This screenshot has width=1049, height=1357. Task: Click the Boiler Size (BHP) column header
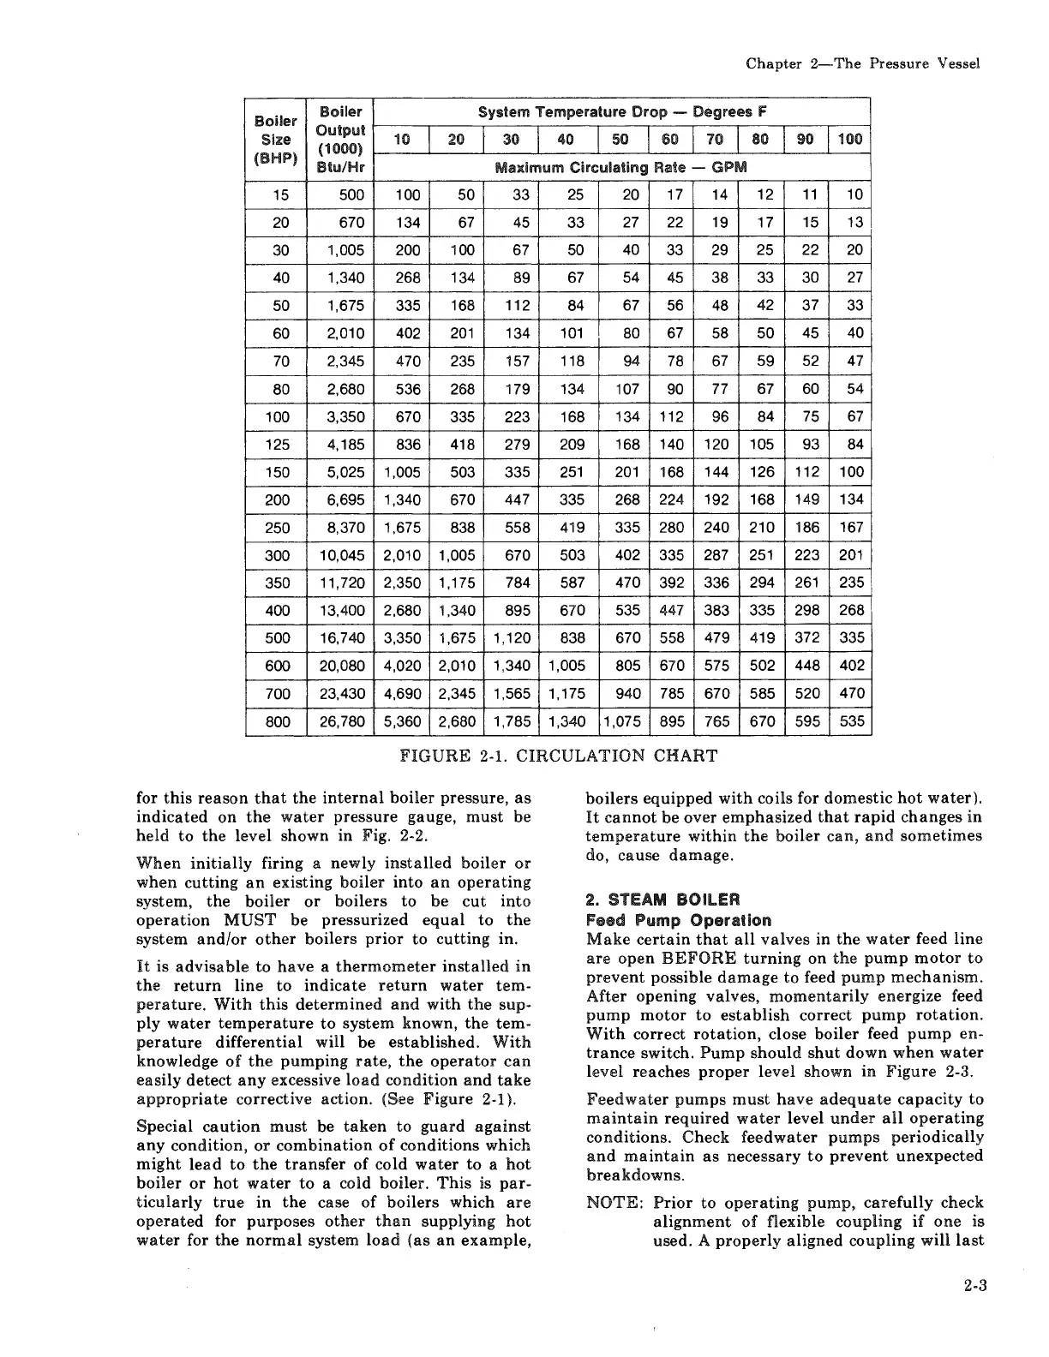pyautogui.click(x=275, y=139)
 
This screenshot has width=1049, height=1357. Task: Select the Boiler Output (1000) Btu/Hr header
pyautogui.click(x=340, y=139)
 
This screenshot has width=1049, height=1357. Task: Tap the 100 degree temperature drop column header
pyautogui.click(x=850, y=139)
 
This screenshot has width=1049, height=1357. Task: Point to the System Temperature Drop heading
pyautogui.click(x=622, y=112)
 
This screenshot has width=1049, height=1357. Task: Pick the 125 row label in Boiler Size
pyautogui.click(x=278, y=445)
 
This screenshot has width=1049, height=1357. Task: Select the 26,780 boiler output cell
pyautogui.click(x=342, y=721)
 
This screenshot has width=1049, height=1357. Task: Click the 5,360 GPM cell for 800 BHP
pyautogui.click(x=402, y=721)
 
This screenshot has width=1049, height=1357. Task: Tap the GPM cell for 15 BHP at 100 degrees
pyautogui.click(x=854, y=194)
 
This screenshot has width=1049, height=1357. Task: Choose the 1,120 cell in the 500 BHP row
pyautogui.click(x=513, y=638)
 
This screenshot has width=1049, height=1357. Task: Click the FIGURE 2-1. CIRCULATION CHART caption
pyautogui.click(x=558, y=756)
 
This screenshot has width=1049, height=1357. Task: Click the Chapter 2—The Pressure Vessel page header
pyautogui.click(x=862, y=64)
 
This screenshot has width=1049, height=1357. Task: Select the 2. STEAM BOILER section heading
pyautogui.click(x=662, y=900)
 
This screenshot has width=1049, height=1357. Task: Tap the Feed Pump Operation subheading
pyautogui.click(x=678, y=920)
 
